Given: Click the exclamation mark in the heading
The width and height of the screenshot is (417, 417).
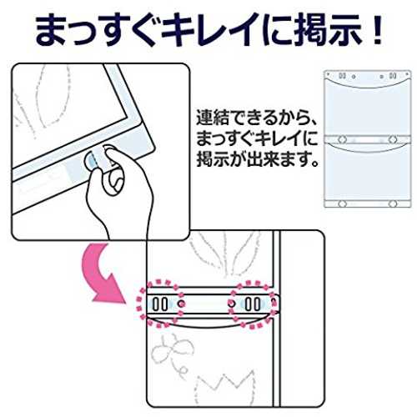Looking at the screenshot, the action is pyautogui.click(x=377, y=29).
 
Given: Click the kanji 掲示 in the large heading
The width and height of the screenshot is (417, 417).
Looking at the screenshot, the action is pyautogui.click(x=324, y=30).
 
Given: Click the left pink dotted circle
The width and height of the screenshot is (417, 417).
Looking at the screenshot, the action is pyautogui.click(x=159, y=304).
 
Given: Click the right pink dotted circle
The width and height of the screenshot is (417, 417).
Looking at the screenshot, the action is pyautogui.click(x=253, y=304).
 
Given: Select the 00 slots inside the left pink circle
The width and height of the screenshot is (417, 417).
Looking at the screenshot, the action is pyautogui.click(x=160, y=304).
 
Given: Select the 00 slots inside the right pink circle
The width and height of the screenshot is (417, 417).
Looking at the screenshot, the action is pyautogui.click(x=253, y=304).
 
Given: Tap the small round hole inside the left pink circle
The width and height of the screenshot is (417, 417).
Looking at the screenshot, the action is pyautogui.click(x=181, y=304).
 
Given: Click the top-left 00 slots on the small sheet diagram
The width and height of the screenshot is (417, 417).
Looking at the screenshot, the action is pyautogui.click(x=342, y=76).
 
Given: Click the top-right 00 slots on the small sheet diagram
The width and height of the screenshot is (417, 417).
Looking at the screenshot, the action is pyautogui.click(x=393, y=76).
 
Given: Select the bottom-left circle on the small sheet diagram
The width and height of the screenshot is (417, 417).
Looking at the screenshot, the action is pyautogui.click(x=342, y=203).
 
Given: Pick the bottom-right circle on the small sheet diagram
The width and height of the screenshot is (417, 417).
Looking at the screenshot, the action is pyautogui.click(x=393, y=203).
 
